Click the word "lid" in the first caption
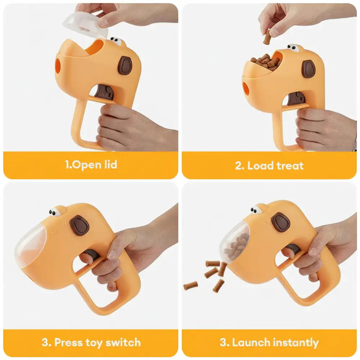coord(109,165)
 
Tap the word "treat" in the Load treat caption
coord(290,166)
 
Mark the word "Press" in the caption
coord(68,342)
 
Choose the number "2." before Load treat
coord(240,166)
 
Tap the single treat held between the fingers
coord(267,37)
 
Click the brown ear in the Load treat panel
coord(309,69)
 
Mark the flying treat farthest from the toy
coord(190,286)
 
